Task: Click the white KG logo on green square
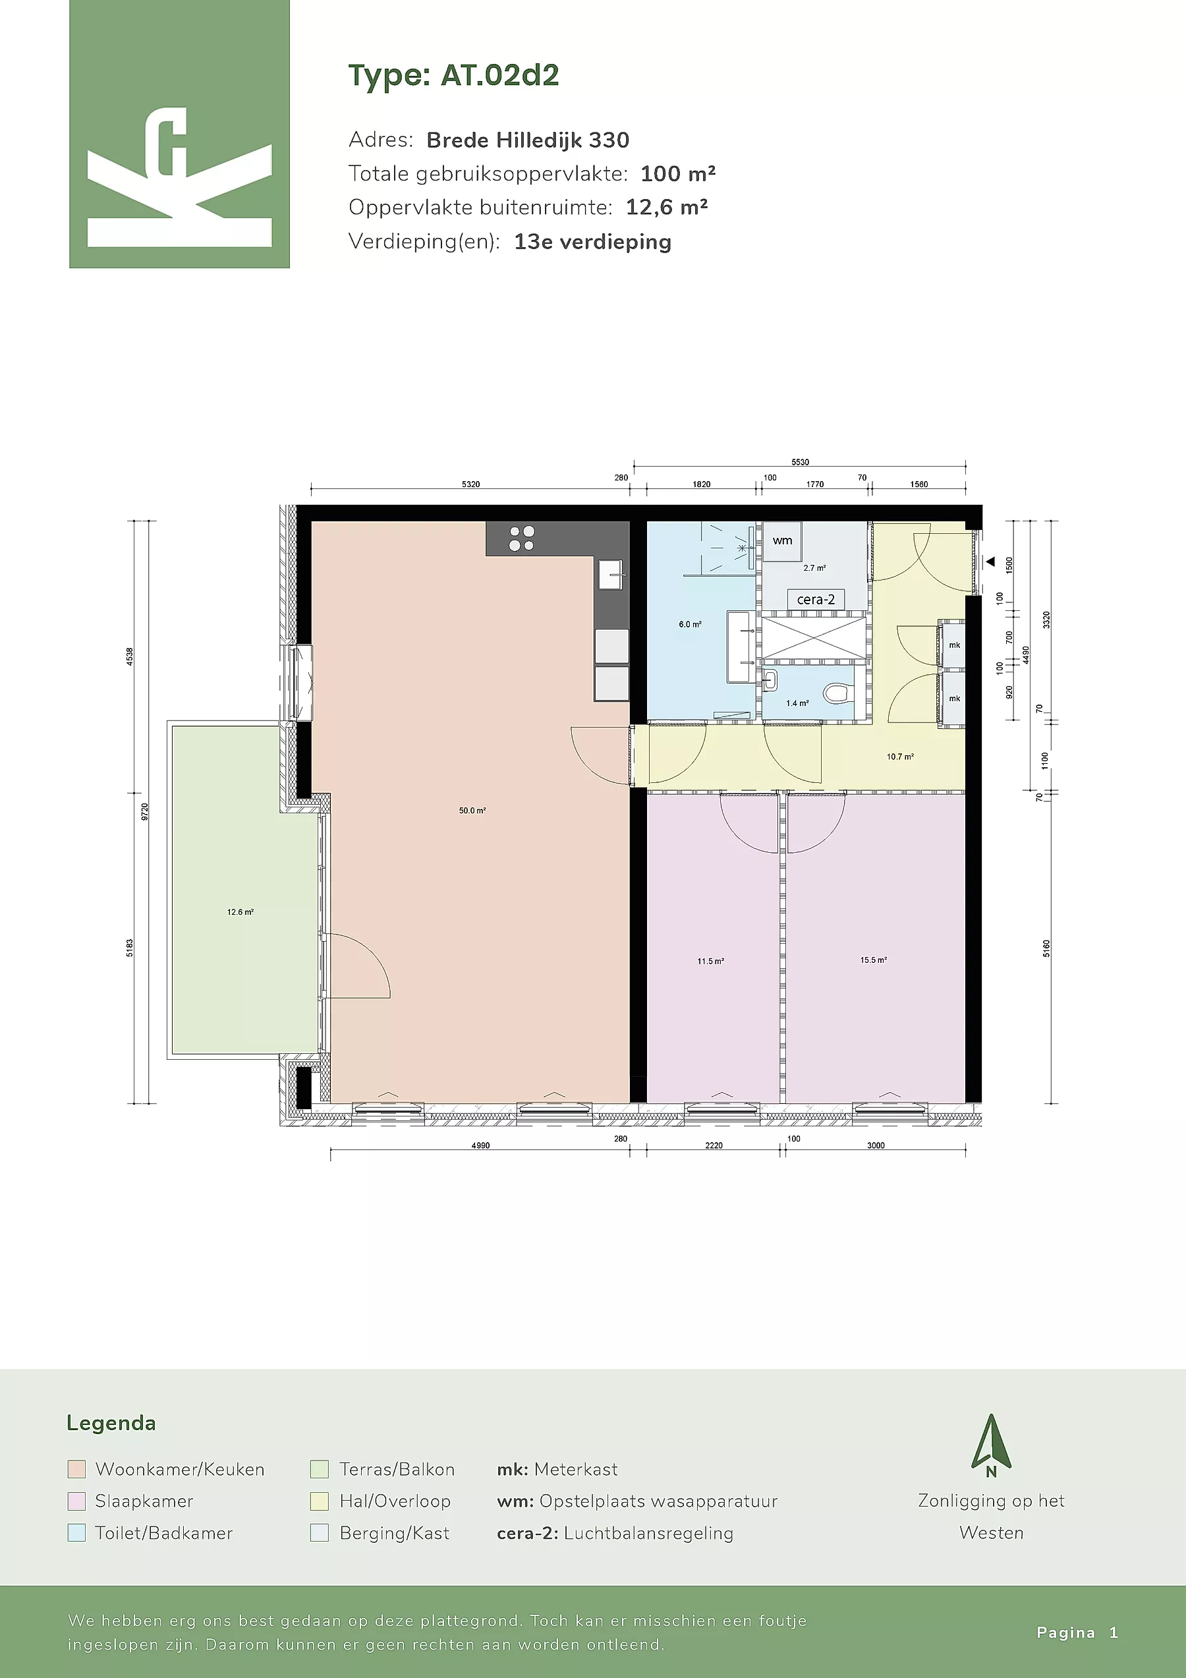179,177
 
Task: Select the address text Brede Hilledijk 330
528,140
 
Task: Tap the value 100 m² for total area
678,173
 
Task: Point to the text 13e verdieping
592,242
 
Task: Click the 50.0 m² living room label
472,811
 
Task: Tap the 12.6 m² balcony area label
240,912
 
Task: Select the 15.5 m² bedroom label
873,960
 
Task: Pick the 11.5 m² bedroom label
710,961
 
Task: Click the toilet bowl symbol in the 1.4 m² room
837,691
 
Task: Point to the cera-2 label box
816,599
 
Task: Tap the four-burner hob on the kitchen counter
522,538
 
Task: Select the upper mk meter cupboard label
954,645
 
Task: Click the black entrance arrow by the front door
991,562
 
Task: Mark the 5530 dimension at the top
800,462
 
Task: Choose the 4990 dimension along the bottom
480,1145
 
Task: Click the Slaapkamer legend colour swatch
76,1501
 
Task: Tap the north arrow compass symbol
991,1445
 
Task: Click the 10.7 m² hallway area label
900,757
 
